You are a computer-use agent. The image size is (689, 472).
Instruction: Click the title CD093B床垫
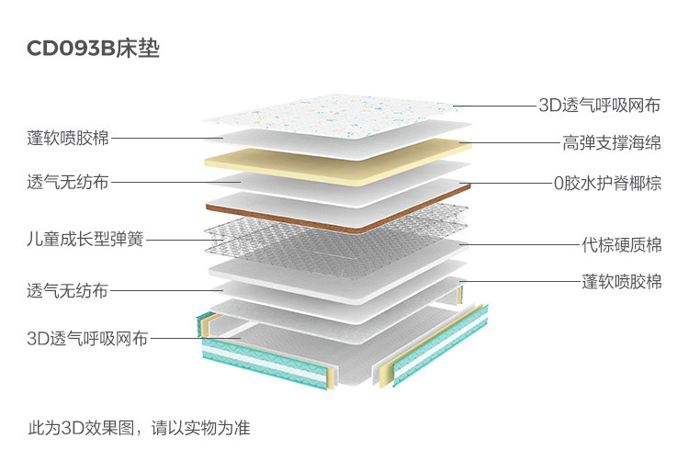[93, 49]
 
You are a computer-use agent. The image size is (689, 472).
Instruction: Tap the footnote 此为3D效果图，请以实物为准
[139, 428]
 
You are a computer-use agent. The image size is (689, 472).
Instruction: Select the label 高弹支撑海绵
[612, 143]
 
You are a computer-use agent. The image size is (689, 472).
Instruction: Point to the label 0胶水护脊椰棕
[607, 183]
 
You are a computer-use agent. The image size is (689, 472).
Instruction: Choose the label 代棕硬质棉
[622, 245]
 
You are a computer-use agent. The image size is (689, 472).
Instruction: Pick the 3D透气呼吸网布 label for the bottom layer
[87, 339]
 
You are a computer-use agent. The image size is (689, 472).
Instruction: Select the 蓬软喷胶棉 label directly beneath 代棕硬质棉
[622, 281]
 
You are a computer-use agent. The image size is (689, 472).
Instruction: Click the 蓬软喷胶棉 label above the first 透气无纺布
[68, 139]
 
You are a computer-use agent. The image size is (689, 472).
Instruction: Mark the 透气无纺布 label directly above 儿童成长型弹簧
[68, 182]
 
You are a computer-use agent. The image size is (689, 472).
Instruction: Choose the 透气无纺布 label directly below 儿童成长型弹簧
[68, 291]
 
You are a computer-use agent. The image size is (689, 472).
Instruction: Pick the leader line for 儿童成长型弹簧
[179, 241]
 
